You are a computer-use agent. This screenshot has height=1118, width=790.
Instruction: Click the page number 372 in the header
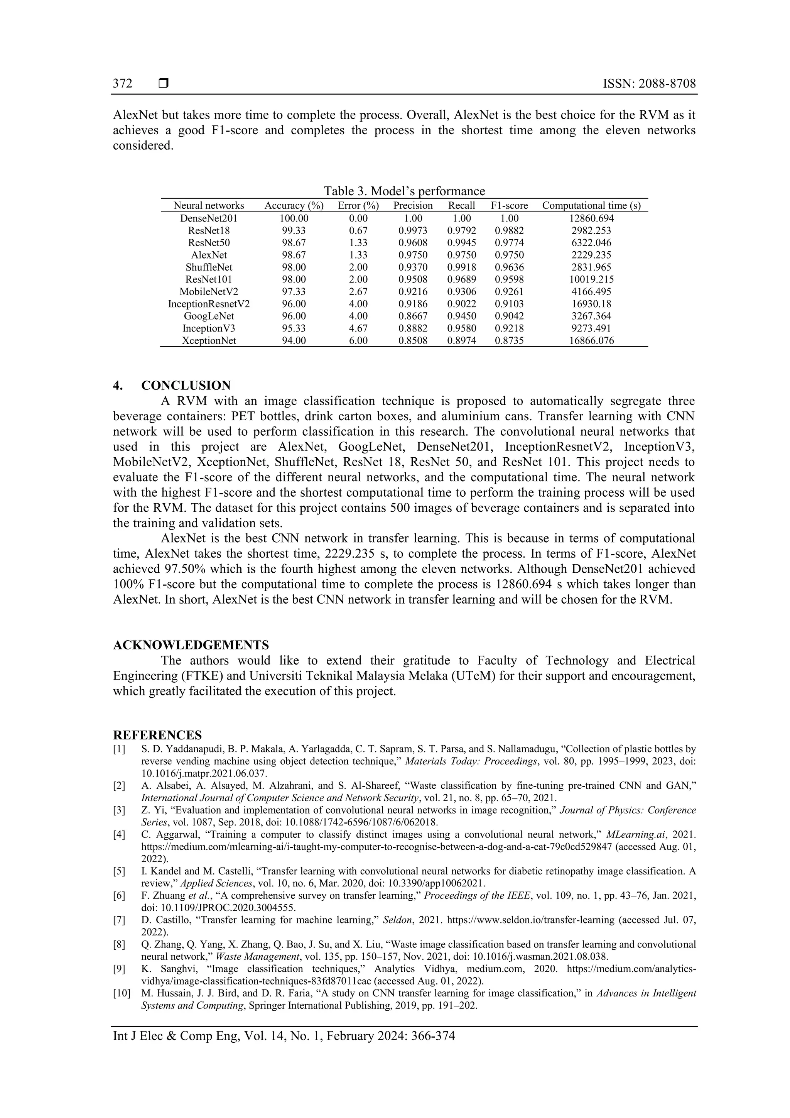coord(123,84)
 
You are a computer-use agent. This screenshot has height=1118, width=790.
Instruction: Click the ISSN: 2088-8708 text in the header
coord(649,84)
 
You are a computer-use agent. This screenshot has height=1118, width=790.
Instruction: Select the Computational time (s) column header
coord(591,205)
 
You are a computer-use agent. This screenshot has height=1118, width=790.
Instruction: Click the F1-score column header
coord(509,205)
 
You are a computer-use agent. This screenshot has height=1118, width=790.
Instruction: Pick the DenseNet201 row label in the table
coord(209,218)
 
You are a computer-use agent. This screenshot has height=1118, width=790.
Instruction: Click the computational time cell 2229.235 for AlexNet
coord(591,255)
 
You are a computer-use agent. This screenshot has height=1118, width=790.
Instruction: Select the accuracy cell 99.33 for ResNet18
coord(294,230)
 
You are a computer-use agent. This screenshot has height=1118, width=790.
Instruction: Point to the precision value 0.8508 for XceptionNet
coord(413,340)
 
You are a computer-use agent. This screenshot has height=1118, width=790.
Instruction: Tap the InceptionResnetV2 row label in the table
coord(209,304)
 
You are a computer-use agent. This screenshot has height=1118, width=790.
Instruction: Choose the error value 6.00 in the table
coord(358,340)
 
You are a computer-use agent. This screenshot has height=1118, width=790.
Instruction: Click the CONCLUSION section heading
coord(186,386)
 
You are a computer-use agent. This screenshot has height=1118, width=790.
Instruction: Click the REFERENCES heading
coord(157,735)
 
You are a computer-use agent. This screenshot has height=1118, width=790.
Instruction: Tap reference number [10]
coord(121,993)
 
